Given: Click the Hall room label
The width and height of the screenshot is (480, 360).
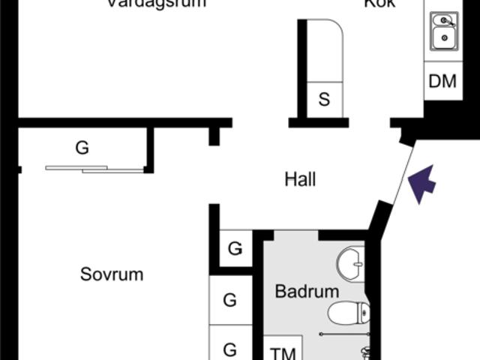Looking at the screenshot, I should pyautogui.click(x=300, y=180).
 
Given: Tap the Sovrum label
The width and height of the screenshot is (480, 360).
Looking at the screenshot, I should pyautogui.click(x=112, y=274).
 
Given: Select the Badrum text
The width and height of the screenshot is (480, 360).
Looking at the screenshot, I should pyautogui.click(x=307, y=292).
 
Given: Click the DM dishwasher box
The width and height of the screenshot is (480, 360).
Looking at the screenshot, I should pyautogui.click(x=442, y=81).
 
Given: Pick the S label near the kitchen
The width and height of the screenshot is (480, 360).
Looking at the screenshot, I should pyautogui.click(x=324, y=99).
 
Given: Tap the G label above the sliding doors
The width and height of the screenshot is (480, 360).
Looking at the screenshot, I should pyautogui.click(x=82, y=148).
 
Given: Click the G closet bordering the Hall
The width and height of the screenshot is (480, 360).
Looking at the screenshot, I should pyautogui.click(x=235, y=248).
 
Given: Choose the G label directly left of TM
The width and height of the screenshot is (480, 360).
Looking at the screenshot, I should pyautogui.click(x=230, y=349).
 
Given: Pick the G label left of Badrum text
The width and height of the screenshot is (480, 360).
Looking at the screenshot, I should pyautogui.click(x=230, y=301).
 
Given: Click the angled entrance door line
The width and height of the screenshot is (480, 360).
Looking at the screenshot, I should pyautogui.click(x=403, y=174).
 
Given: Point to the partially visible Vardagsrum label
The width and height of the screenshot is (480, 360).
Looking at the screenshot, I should pyautogui.click(x=156, y=3).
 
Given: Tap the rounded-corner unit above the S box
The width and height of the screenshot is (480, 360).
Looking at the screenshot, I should pyautogui.click(x=325, y=48).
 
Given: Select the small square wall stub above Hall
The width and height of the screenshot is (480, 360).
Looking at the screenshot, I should pyautogui.click(x=214, y=136).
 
